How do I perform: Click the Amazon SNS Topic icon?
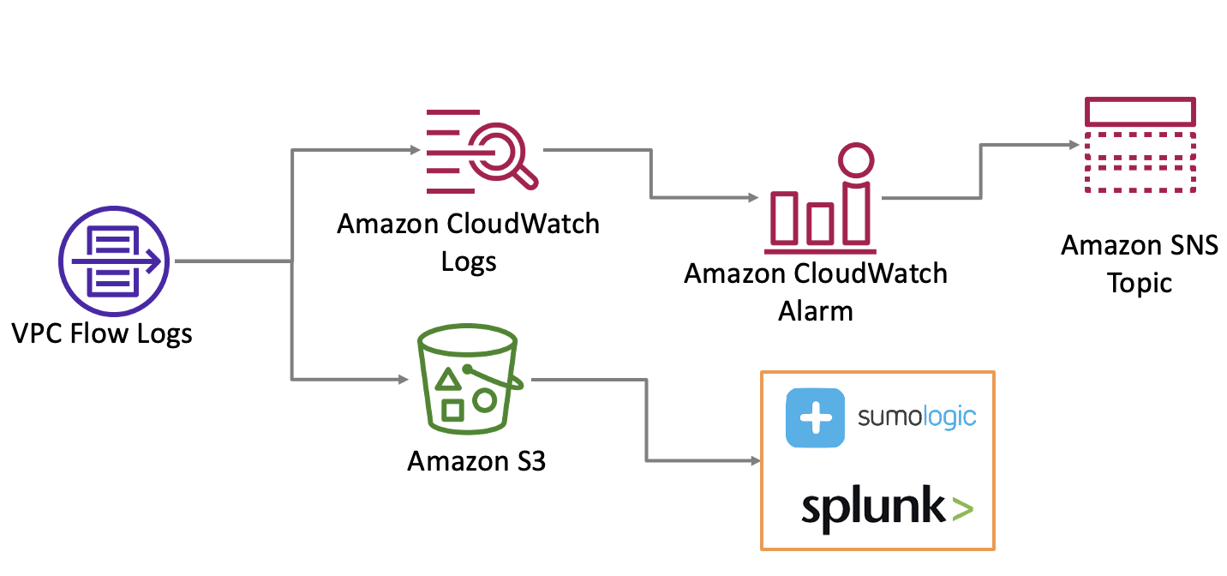1140,147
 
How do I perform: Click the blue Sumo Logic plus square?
815,418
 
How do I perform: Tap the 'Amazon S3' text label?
476,460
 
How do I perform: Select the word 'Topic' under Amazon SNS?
1140,283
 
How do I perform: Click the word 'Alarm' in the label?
816,310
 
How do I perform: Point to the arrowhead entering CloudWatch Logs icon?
416,151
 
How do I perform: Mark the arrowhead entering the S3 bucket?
402,378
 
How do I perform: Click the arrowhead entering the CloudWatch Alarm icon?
754,198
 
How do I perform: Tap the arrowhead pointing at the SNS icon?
1073,145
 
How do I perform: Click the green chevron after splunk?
961,510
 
